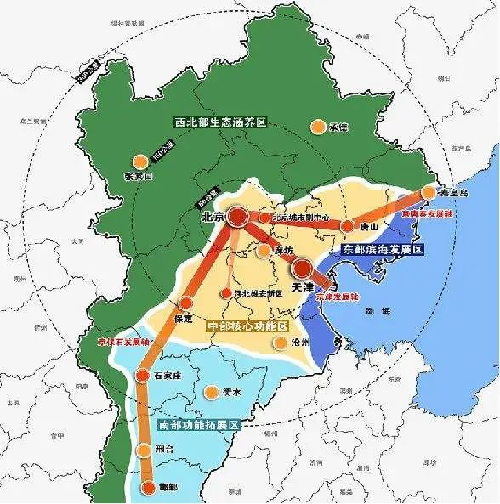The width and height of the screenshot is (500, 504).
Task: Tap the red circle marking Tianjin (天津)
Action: point(302,270)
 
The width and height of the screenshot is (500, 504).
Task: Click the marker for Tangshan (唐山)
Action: point(347,227)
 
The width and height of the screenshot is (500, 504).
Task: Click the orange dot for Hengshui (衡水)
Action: point(210,393)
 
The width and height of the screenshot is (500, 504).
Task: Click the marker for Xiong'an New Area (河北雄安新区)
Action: point(225,294)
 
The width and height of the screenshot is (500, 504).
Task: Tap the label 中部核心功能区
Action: point(247,326)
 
